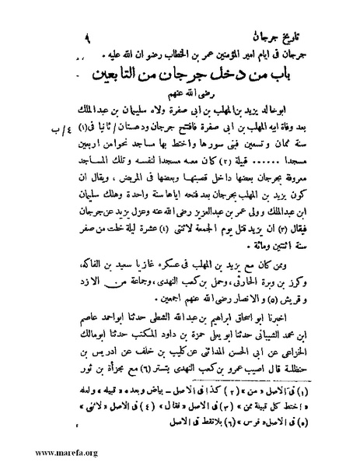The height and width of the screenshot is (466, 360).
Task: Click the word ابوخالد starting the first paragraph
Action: [288, 122]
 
